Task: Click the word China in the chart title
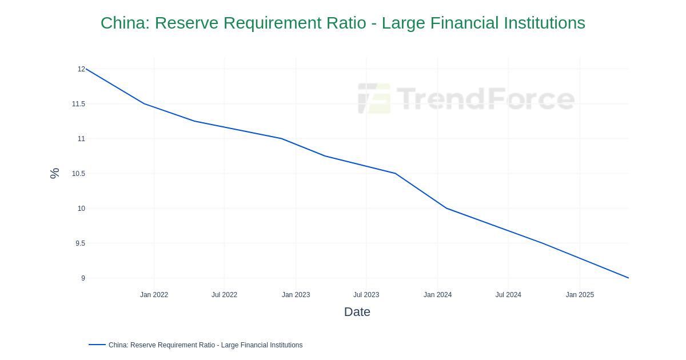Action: [122, 23]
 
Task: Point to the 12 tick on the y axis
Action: [81, 69]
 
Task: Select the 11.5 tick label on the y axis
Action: [78, 104]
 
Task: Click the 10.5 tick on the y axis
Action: [78, 174]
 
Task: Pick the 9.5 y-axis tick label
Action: [80, 243]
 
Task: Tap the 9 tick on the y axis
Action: [83, 278]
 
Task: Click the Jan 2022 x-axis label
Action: [154, 295]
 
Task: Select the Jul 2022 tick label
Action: [224, 295]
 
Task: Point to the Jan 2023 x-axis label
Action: [296, 295]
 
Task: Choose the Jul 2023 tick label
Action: [366, 295]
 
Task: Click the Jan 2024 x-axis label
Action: [437, 295]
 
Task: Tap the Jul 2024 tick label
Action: [508, 295]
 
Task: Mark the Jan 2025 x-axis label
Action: [580, 295]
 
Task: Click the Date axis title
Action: [357, 312]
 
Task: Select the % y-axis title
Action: [54, 173]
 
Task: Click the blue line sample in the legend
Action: [97, 345]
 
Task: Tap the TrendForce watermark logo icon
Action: [374, 98]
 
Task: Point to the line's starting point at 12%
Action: [86, 69]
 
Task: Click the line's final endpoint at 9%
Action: [628, 278]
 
